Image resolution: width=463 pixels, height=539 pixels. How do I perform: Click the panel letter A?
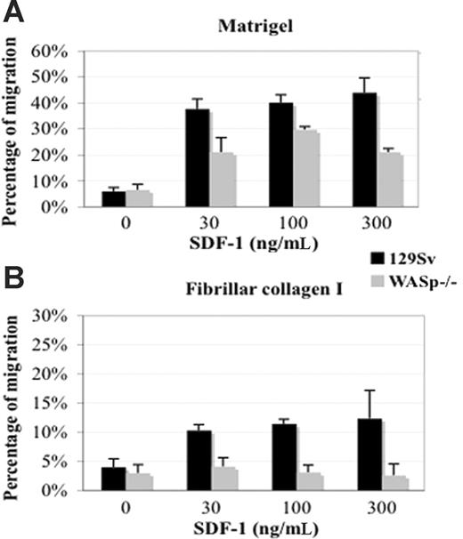pyautogui.click(x=16, y=15)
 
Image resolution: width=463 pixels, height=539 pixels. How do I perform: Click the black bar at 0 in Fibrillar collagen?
pyautogui.click(x=114, y=478)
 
